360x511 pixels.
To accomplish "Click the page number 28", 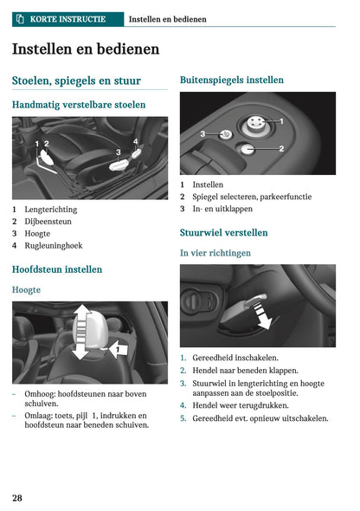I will point(17,497).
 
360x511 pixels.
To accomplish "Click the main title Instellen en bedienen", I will point(86,49).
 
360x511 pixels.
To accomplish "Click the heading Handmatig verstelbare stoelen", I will point(79,105).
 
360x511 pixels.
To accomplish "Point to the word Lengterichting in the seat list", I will point(50,210).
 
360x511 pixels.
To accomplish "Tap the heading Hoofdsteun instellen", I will point(57,269).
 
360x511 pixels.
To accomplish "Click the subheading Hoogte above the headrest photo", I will point(27,289).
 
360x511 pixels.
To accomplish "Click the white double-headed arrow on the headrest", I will point(80,332).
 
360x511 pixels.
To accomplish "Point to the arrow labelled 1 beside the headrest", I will point(120,348).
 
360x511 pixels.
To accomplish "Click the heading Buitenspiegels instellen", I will point(231,80).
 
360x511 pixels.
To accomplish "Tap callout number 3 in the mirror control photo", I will point(202,134).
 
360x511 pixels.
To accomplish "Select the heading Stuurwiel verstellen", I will point(223,233).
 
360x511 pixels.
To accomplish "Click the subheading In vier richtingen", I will point(215,253).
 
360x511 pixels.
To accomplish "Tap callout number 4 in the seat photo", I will point(135,140).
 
